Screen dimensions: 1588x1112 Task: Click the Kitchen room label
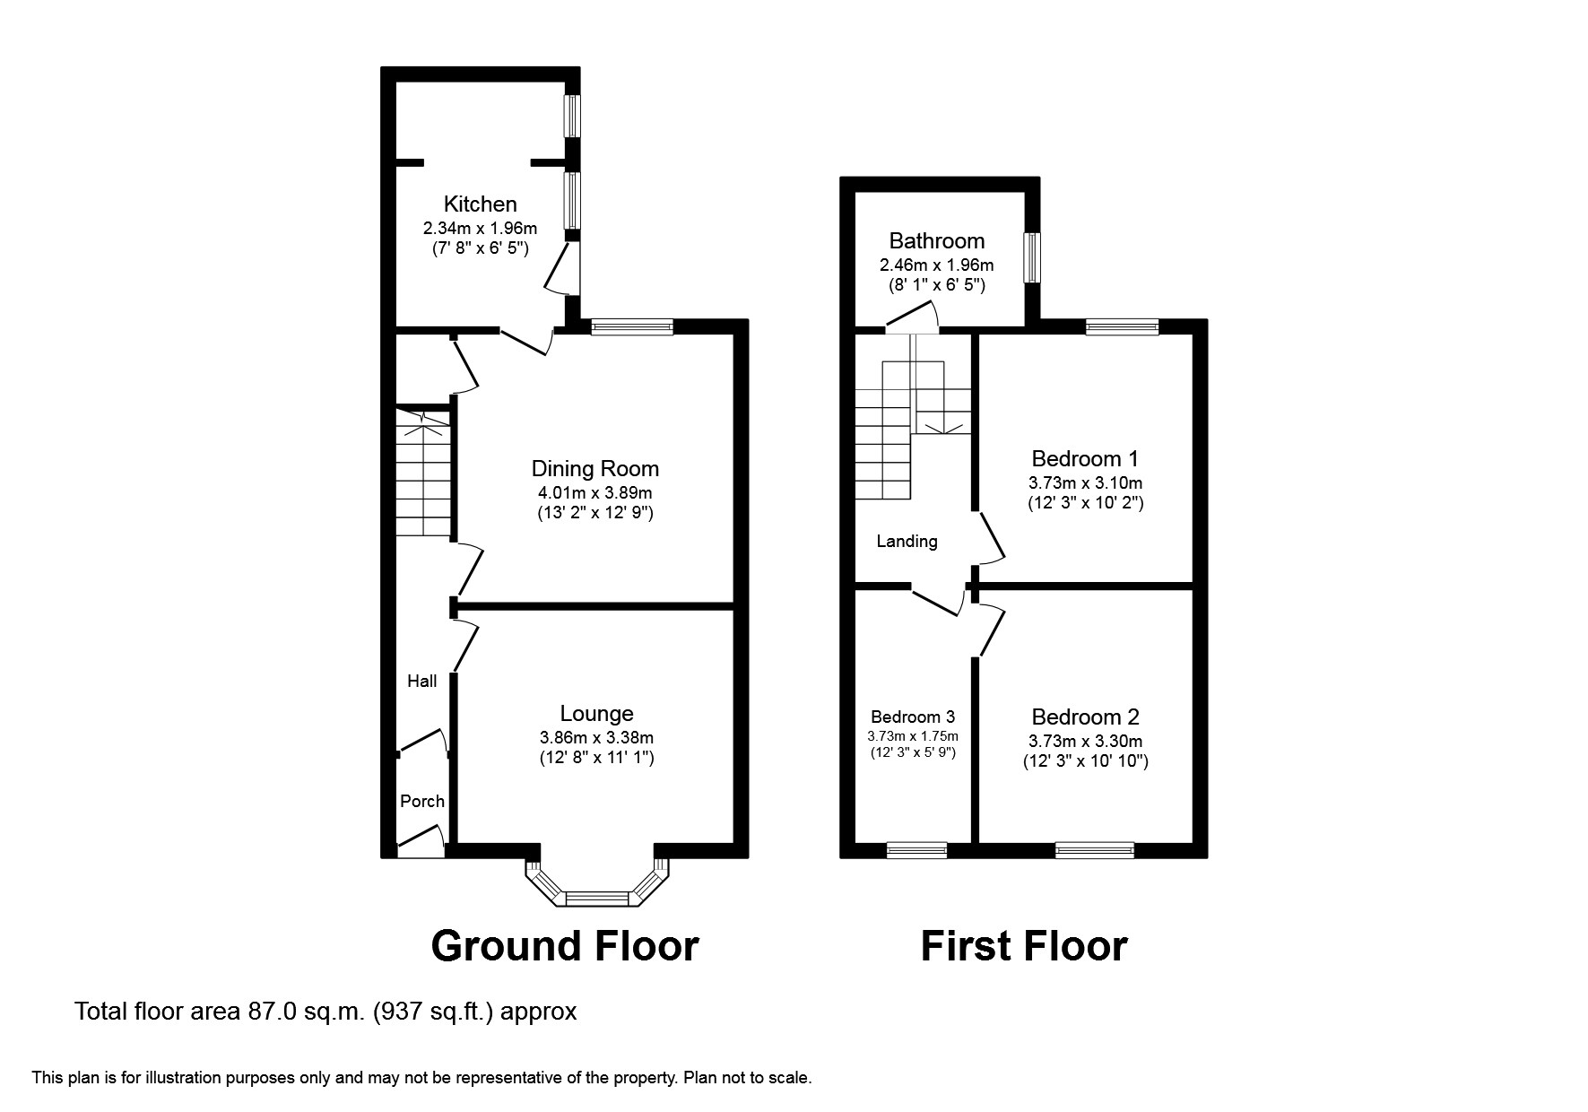coord(481,204)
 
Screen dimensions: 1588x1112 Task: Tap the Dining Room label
coord(595,469)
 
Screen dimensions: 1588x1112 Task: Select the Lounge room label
coord(596,714)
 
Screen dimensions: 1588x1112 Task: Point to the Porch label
coord(422,801)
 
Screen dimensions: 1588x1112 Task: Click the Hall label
coord(422,681)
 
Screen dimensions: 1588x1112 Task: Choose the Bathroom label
coord(937,241)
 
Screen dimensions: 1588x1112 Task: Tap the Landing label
coord(907,542)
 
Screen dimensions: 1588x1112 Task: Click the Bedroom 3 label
coord(913,717)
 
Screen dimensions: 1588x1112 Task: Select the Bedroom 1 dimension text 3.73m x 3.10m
coord(1086,482)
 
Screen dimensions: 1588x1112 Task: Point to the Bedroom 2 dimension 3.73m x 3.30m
coord(1086,741)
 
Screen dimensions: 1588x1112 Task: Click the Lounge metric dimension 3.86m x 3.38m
coord(596,737)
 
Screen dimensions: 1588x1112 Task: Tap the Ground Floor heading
coord(565,947)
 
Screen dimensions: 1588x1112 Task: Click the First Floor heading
coord(1024,947)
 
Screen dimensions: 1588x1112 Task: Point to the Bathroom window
coord(1033,258)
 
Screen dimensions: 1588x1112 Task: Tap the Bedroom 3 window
coord(917,850)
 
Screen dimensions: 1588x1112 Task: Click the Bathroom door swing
coord(913,317)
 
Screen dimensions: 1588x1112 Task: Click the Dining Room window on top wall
coord(632,326)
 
